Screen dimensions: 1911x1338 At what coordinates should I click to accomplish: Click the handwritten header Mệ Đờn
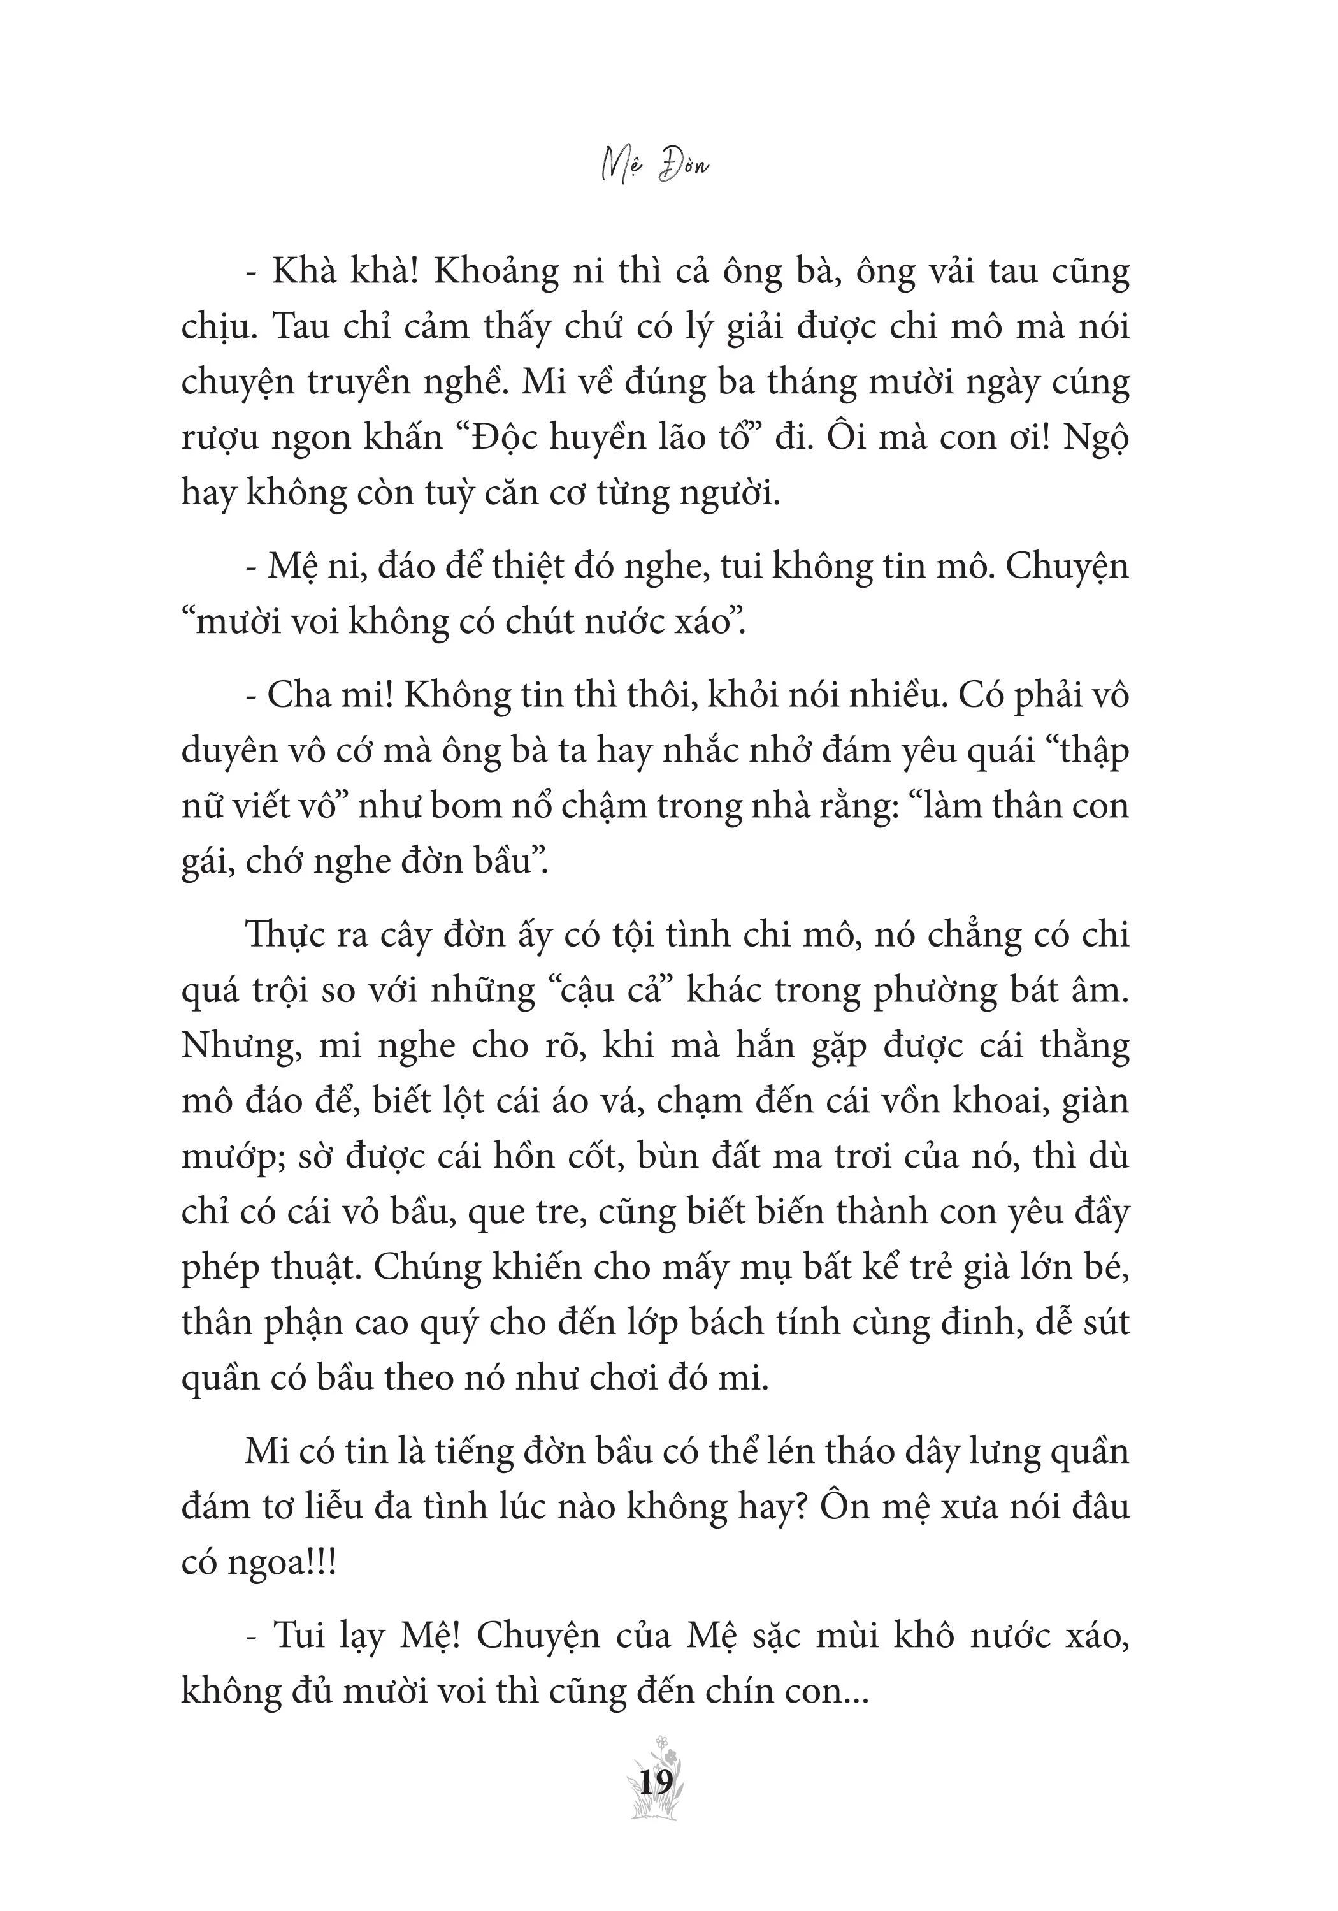[655, 166]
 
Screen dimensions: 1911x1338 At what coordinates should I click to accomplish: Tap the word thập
[1090, 752]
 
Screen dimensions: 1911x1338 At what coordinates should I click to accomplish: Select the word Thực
[285, 936]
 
